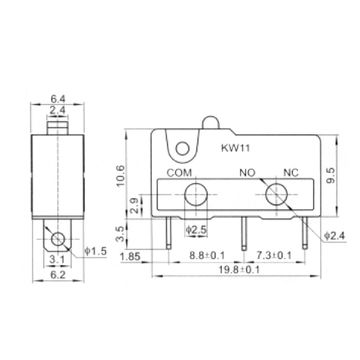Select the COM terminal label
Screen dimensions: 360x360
(179, 172)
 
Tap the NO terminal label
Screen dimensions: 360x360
(245, 172)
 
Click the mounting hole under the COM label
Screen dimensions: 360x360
(196, 193)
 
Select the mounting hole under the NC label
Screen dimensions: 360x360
(279, 193)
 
